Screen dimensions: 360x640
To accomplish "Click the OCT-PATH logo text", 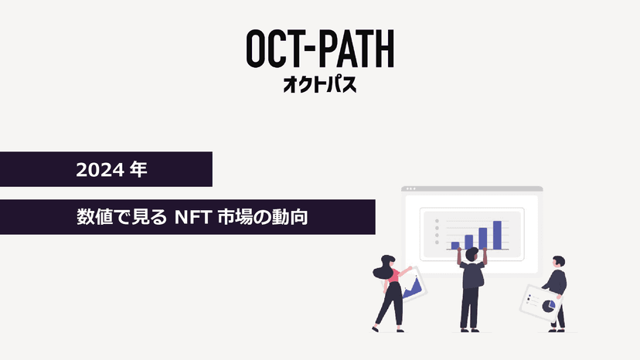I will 319,49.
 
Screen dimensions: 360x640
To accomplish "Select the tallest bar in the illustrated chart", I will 497,235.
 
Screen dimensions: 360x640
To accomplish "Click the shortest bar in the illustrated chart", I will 455,246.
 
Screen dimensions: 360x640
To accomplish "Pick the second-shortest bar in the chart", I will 469,242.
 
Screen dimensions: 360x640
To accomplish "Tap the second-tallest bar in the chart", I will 483,238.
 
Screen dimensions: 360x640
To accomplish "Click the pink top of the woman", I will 393,277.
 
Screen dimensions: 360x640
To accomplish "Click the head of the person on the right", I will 558,263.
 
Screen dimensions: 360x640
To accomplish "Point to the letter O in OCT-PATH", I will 258,49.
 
